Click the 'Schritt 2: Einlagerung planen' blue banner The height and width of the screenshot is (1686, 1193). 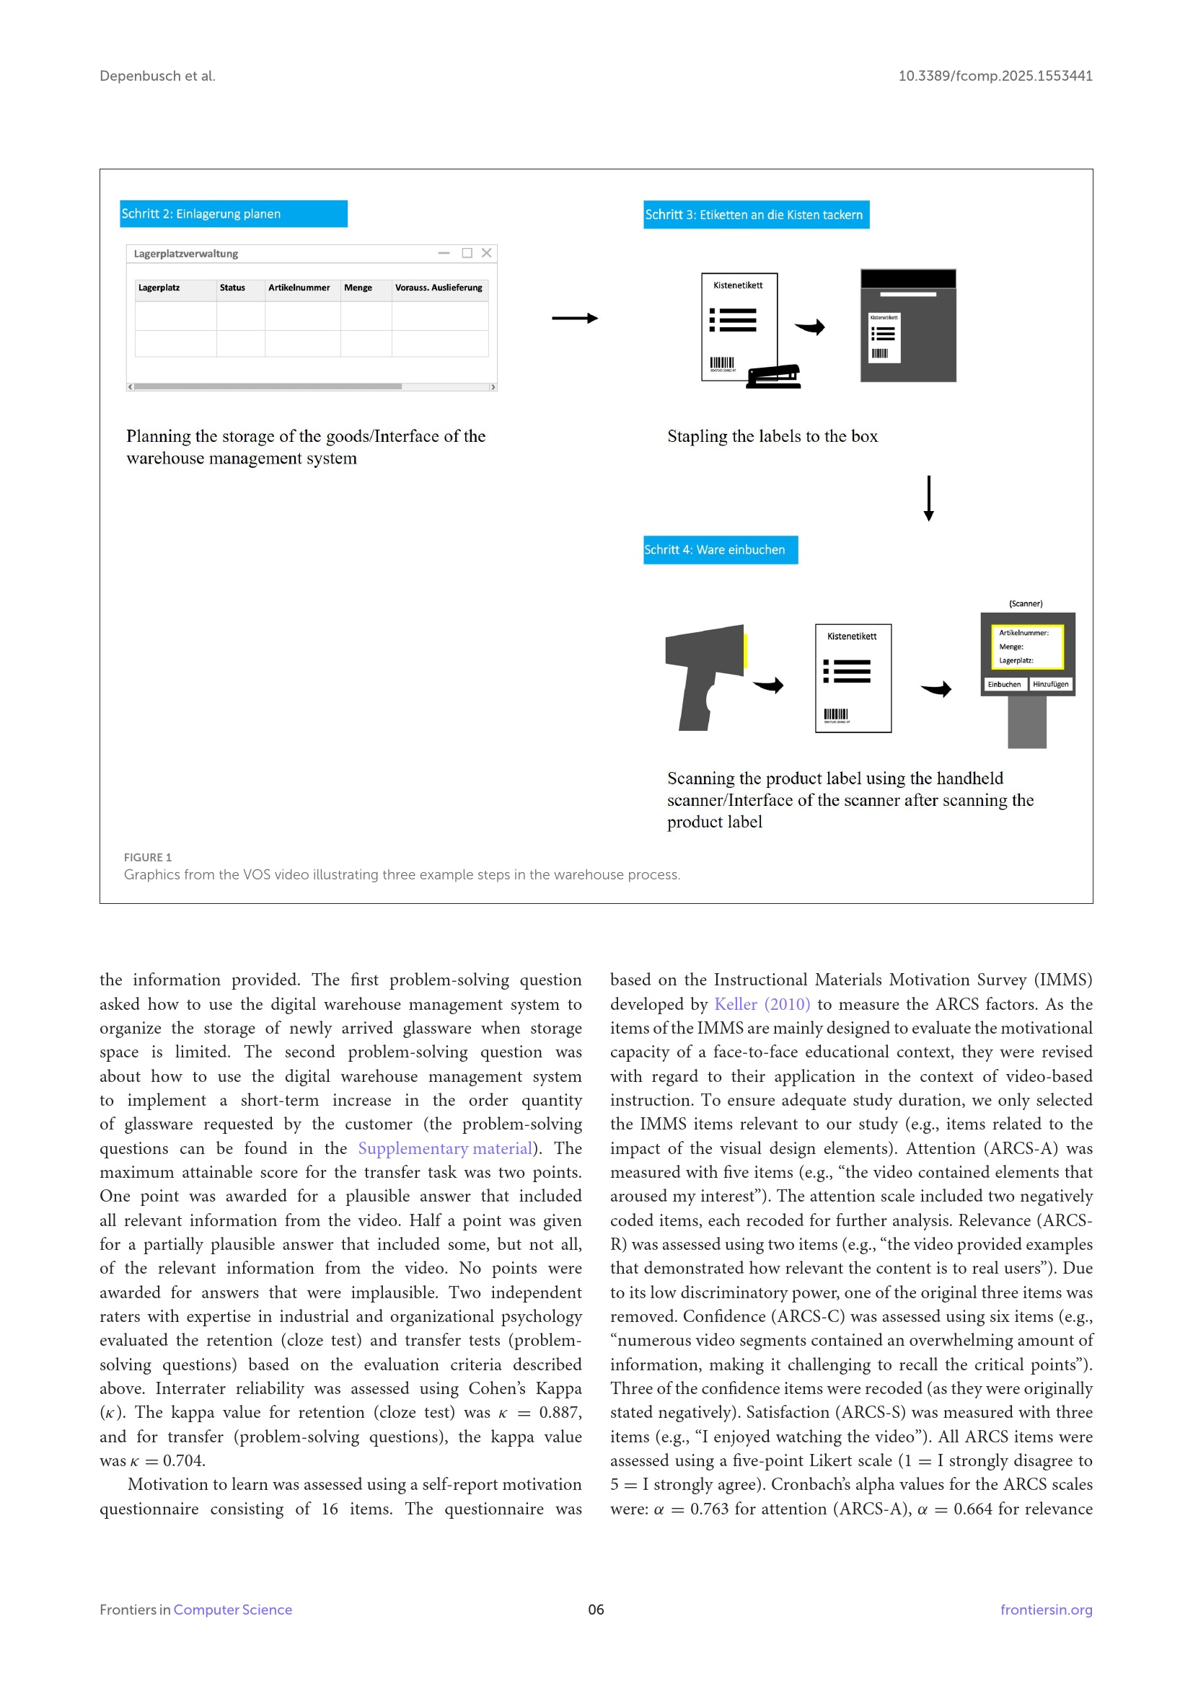(x=234, y=213)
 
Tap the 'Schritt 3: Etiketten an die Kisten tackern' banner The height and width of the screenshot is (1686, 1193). (x=756, y=214)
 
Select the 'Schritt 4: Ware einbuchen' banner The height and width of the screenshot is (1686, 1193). (x=720, y=549)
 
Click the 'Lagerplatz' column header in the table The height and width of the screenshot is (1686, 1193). (x=159, y=288)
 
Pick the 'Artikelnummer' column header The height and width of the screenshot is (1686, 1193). (x=299, y=288)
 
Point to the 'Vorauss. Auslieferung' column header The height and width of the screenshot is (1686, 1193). (x=439, y=288)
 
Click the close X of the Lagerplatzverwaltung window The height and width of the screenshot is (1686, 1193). (x=486, y=253)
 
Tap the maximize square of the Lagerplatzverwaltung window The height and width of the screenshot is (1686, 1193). (x=467, y=253)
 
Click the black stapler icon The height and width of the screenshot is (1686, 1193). (x=773, y=376)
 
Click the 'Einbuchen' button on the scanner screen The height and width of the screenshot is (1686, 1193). (x=1003, y=684)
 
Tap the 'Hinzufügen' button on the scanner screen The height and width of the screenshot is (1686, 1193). (x=1050, y=684)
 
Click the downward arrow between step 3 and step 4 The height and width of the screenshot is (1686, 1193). (x=928, y=499)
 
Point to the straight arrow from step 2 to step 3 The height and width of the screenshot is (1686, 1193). (x=574, y=318)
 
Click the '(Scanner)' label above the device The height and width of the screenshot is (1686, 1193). (x=1026, y=603)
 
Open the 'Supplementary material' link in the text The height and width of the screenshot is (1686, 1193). (x=445, y=1148)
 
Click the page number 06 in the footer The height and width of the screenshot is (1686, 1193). (x=596, y=1610)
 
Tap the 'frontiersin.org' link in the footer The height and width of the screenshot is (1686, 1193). (x=1046, y=1610)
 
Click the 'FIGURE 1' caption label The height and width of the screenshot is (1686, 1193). (x=148, y=857)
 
